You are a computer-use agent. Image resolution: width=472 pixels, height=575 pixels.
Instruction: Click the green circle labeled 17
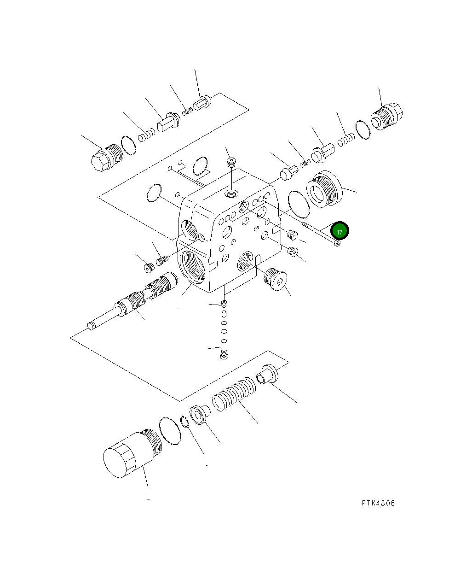[x=340, y=231]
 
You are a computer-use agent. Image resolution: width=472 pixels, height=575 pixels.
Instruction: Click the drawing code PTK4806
[x=378, y=503]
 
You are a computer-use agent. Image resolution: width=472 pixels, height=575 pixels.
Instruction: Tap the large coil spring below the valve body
[x=234, y=394]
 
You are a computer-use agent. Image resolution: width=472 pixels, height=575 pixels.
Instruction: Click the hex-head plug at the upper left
[x=107, y=158]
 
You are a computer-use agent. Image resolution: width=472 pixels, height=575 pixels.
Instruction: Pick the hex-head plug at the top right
[x=387, y=117]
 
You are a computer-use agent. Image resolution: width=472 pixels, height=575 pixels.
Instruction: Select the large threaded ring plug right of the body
[x=324, y=189]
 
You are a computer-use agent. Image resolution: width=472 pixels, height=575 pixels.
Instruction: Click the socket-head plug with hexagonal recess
[x=275, y=279]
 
